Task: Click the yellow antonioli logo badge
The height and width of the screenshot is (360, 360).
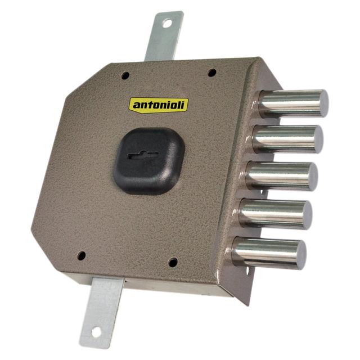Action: (x=159, y=105)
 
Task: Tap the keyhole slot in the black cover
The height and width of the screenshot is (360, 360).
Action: (x=142, y=155)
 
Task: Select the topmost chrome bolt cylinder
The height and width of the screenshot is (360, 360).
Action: (x=294, y=103)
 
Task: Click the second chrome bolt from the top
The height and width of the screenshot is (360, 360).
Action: (x=287, y=139)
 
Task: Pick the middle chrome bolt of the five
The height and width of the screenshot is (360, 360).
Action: (x=282, y=176)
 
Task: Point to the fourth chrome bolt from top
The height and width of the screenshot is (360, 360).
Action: (x=276, y=214)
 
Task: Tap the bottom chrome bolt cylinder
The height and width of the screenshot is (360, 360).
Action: (x=269, y=253)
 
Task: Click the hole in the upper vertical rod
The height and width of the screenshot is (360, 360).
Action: (x=167, y=24)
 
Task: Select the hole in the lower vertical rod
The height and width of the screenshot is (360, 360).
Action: (x=96, y=332)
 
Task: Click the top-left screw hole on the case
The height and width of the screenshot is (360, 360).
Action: (x=125, y=75)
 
